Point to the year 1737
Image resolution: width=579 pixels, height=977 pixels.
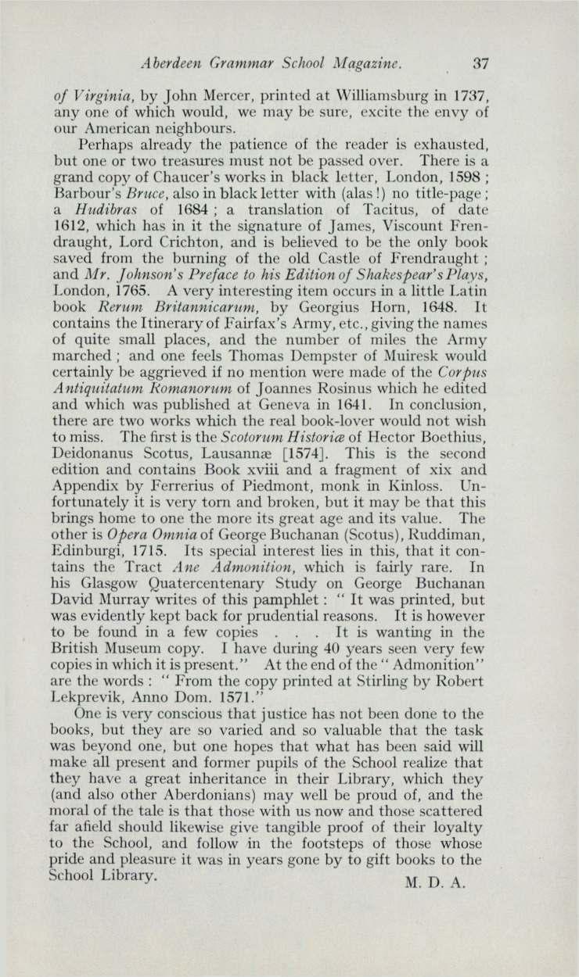point(469,98)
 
